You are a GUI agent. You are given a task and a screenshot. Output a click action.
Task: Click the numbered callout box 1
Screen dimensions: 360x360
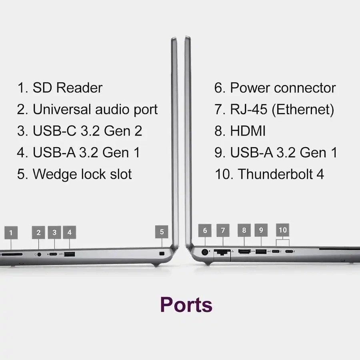pos(11,232)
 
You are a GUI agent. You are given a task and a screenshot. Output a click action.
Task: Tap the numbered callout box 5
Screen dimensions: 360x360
pos(162,232)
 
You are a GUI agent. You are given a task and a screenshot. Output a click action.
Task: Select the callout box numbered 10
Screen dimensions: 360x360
pos(282,230)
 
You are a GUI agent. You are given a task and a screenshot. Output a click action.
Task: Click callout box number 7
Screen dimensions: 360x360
pos(223,230)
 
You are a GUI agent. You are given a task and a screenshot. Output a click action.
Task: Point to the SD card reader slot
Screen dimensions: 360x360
pos(12,254)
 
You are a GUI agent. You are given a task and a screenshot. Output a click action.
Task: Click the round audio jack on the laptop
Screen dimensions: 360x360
pos(39,254)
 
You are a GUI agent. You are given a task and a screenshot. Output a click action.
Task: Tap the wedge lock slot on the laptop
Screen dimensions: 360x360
pos(162,254)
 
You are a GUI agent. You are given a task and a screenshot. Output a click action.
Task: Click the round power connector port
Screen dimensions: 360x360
pos(205,252)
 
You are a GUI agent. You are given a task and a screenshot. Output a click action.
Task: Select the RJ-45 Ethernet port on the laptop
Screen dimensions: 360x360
pos(222,252)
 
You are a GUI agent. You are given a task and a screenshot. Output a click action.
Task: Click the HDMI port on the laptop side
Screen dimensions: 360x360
pos(244,252)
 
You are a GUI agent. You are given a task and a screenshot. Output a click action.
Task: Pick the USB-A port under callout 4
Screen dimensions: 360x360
pos(70,254)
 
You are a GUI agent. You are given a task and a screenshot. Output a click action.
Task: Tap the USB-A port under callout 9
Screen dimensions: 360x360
pos(261,252)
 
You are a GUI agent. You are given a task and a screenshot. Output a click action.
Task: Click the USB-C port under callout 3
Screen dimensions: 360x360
pos(53,254)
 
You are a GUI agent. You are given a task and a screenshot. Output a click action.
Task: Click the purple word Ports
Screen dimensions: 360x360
pos(186,305)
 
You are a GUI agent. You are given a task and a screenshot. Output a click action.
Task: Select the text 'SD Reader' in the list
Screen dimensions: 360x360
pos(68,88)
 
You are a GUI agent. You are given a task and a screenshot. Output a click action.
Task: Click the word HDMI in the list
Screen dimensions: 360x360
pos(248,131)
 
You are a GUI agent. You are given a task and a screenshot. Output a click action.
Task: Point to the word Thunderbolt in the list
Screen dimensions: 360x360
pos(275,174)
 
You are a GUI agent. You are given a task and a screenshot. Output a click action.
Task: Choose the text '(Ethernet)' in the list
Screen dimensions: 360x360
pos(303,109)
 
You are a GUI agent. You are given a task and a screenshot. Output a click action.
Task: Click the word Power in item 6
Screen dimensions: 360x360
pos(250,88)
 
